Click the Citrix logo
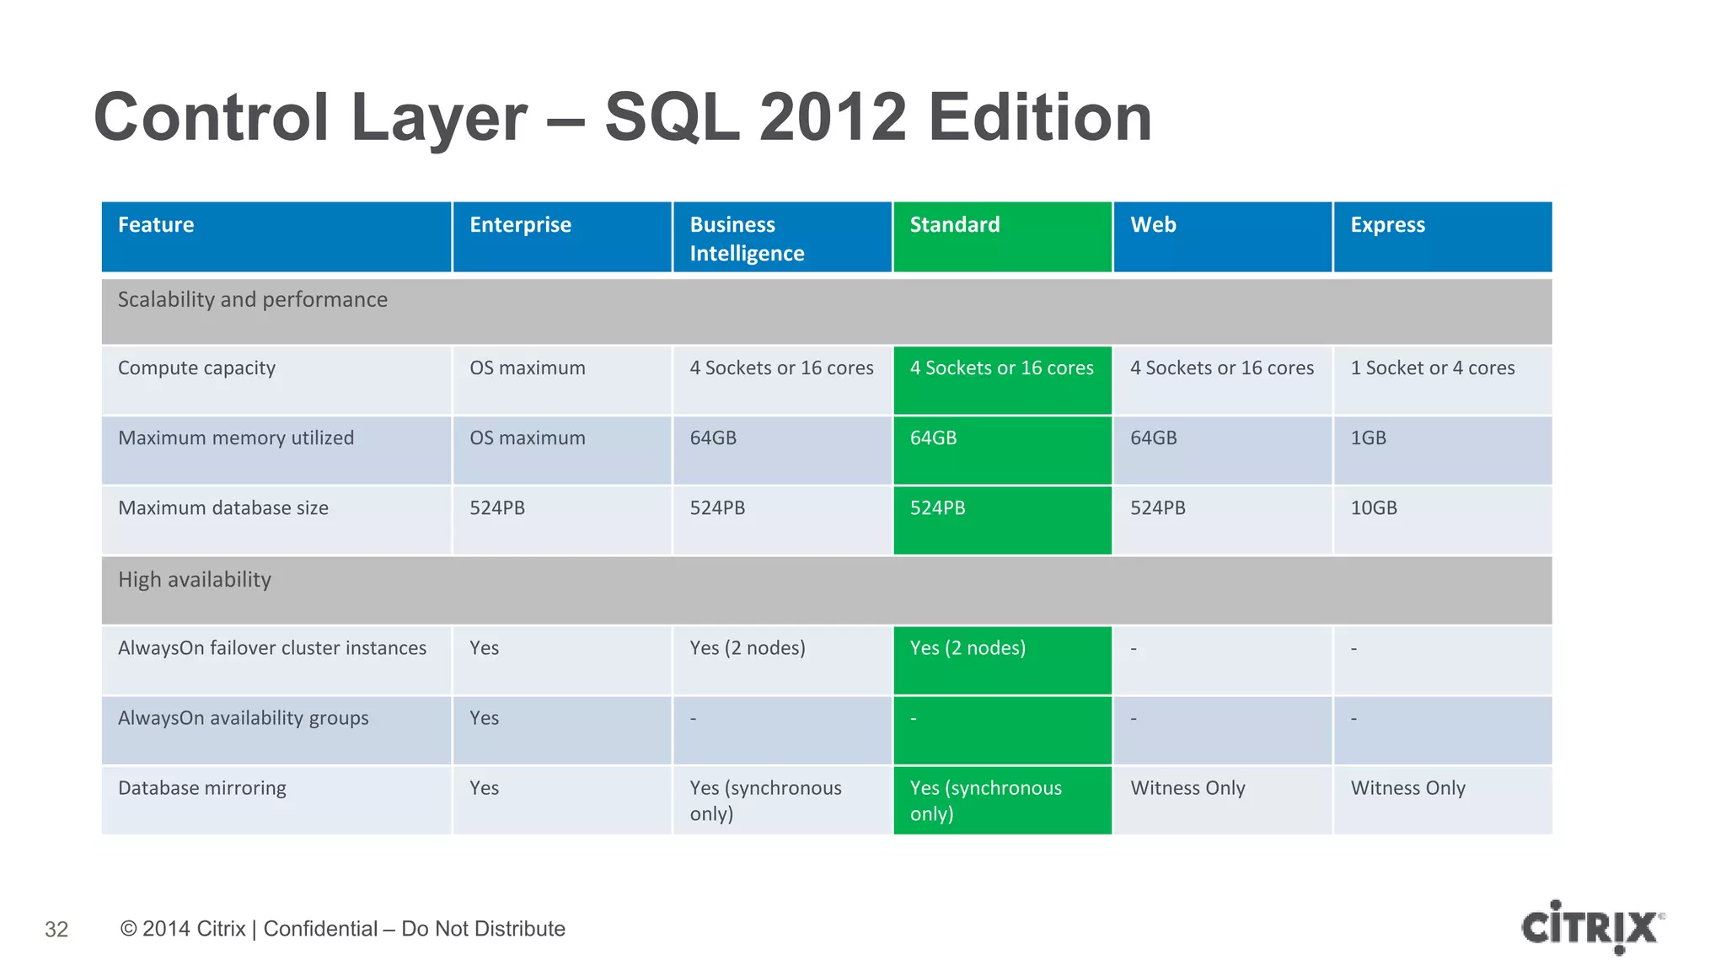coord(1591,927)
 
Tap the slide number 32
coord(56,929)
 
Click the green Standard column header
coord(1001,236)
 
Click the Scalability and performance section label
coord(253,300)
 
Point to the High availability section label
coord(195,580)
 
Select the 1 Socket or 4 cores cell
coord(1432,368)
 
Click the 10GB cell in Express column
coord(1374,508)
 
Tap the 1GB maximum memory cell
coord(1368,438)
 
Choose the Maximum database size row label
coord(223,508)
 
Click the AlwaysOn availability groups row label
coord(244,718)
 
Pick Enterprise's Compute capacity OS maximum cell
coord(528,368)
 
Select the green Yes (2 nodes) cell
coord(968,648)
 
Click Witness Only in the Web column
coord(1187,788)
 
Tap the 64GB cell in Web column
coord(1153,438)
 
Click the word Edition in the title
coord(1040,117)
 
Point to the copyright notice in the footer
coord(343,929)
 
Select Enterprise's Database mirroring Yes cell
coord(485,788)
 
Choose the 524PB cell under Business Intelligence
coord(717,508)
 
